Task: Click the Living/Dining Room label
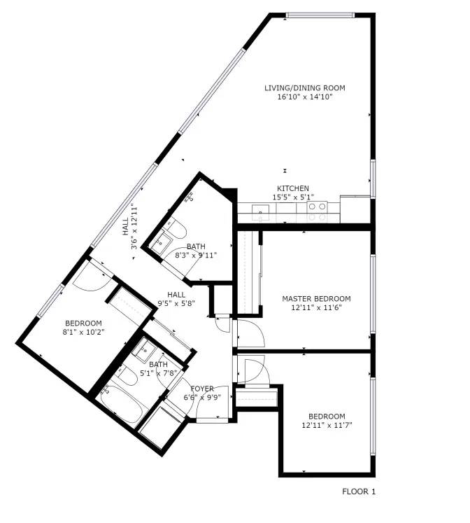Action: (305, 88)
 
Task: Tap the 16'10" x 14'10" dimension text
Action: (305, 97)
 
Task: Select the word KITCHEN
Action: (293, 188)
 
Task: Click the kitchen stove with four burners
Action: (317, 212)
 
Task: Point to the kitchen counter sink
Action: (260, 213)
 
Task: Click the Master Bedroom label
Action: (316, 298)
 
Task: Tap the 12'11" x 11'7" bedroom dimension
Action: (327, 425)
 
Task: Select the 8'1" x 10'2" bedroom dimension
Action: (84, 332)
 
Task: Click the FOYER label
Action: (202, 389)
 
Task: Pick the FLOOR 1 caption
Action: (359, 491)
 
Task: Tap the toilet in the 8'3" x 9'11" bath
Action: (176, 229)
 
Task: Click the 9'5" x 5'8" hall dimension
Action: (176, 304)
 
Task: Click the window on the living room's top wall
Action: (320, 15)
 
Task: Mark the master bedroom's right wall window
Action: (373, 294)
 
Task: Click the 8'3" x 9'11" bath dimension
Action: (197, 256)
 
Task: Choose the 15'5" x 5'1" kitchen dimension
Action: (293, 197)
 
